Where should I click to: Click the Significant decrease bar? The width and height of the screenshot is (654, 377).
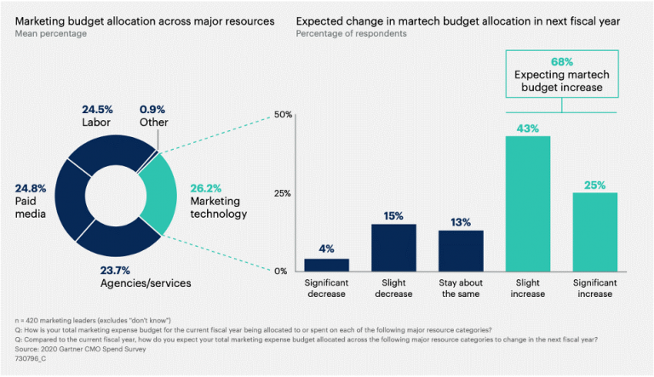pyautogui.click(x=326, y=265)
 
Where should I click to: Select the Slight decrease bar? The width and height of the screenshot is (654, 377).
pyautogui.click(x=393, y=248)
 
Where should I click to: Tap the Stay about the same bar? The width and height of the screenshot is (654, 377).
pyautogui.click(x=461, y=250)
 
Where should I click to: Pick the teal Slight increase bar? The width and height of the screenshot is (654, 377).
pyautogui.click(x=528, y=203)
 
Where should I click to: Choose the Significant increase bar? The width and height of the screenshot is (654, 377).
pyautogui.click(x=595, y=231)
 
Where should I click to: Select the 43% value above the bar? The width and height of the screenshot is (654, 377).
pyautogui.click(x=528, y=128)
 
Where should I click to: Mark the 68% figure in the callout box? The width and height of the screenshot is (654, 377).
pyautogui.click(x=562, y=61)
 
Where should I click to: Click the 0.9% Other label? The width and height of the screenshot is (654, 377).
pyautogui.click(x=152, y=109)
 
